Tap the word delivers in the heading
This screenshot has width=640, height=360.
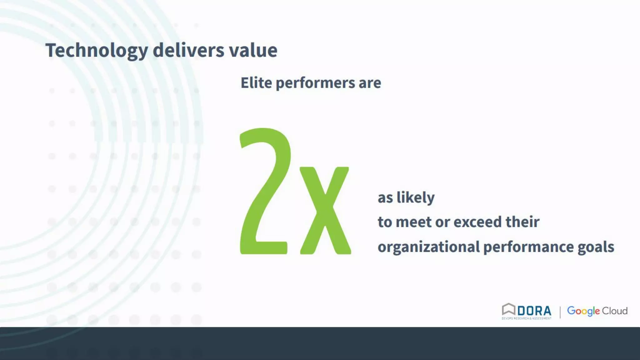188,50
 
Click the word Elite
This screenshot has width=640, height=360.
256,83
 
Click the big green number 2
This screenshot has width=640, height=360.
264,191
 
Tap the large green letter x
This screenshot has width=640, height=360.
325,211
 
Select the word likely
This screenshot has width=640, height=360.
415,197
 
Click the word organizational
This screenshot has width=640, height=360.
428,247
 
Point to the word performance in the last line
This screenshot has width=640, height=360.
528,247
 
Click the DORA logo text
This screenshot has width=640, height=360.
534,311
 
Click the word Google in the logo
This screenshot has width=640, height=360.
583,311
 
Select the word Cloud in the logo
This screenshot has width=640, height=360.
615,311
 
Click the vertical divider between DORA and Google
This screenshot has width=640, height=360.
560,312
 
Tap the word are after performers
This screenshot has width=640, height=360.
370,83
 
